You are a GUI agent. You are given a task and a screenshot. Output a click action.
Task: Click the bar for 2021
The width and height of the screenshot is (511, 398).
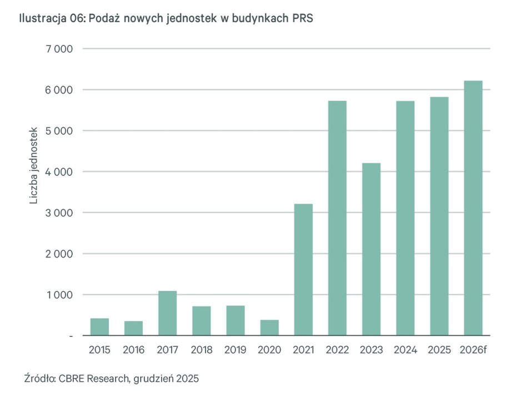[x=304, y=270]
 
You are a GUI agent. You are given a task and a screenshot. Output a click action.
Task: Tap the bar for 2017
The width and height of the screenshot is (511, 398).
[x=167, y=313]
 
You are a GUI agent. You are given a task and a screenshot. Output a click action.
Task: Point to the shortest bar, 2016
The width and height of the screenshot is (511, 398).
[x=133, y=328]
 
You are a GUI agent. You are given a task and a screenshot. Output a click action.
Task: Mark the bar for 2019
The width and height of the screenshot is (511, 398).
[x=236, y=320]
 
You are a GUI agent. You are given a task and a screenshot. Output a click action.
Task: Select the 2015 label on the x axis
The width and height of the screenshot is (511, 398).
[x=99, y=350]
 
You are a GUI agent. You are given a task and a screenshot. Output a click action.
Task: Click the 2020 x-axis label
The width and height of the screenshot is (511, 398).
[x=269, y=350]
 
